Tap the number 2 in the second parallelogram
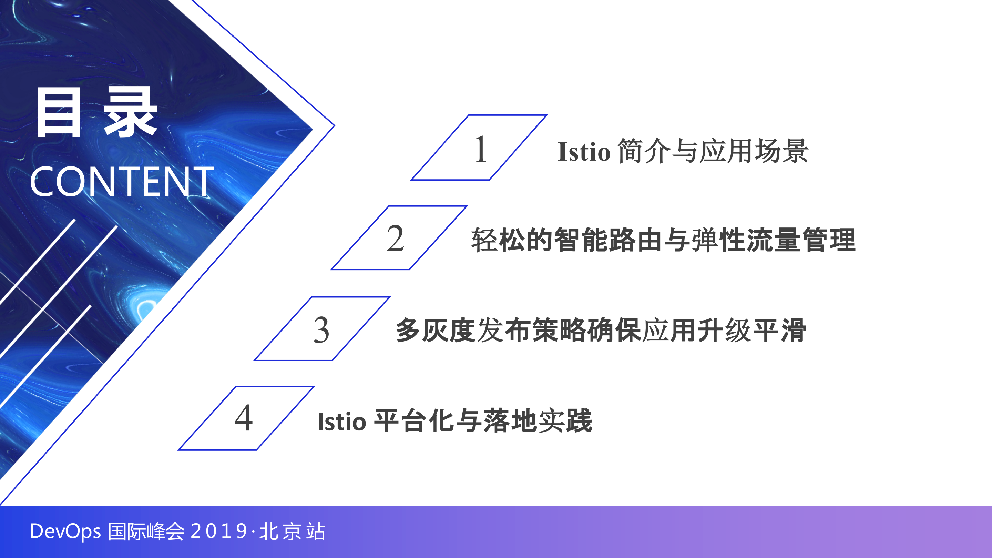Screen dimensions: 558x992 (x=396, y=239)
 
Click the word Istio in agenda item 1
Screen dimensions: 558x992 (x=584, y=151)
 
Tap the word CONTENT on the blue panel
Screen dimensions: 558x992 (x=122, y=181)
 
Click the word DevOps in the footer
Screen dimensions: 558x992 (x=65, y=531)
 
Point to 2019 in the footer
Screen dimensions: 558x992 (x=219, y=531)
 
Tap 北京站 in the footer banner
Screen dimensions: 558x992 (x=292, y=531)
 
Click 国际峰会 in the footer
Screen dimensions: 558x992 (x=146, y=531)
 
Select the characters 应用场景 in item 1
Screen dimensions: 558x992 (x=754, y=151)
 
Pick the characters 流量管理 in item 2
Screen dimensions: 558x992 (x=801, y=240)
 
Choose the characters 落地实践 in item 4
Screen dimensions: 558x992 (x=538, y=420)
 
